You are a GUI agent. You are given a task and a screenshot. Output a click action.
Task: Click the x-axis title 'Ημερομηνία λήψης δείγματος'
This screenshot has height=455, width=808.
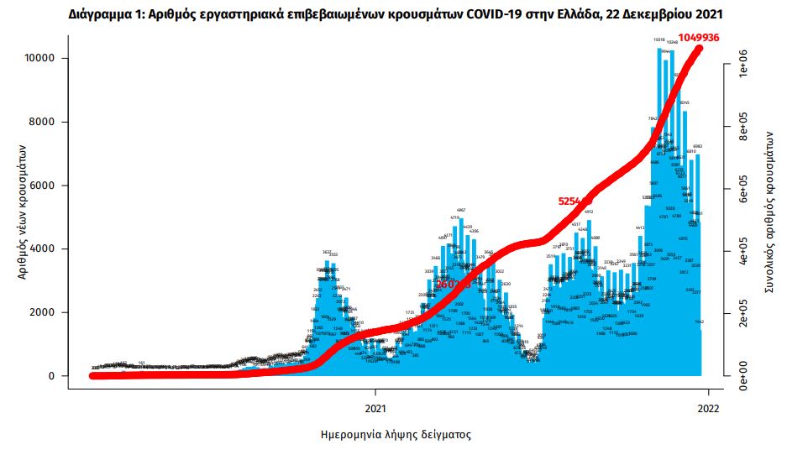click(x=396, y=436)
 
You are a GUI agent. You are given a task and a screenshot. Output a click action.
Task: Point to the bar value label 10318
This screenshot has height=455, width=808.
click(x=659, y=39)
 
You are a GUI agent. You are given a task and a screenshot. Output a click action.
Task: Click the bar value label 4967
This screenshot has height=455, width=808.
click(x=461, y=209)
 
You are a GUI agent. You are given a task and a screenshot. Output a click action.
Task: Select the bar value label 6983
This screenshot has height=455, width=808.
click(x=697, y=146)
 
